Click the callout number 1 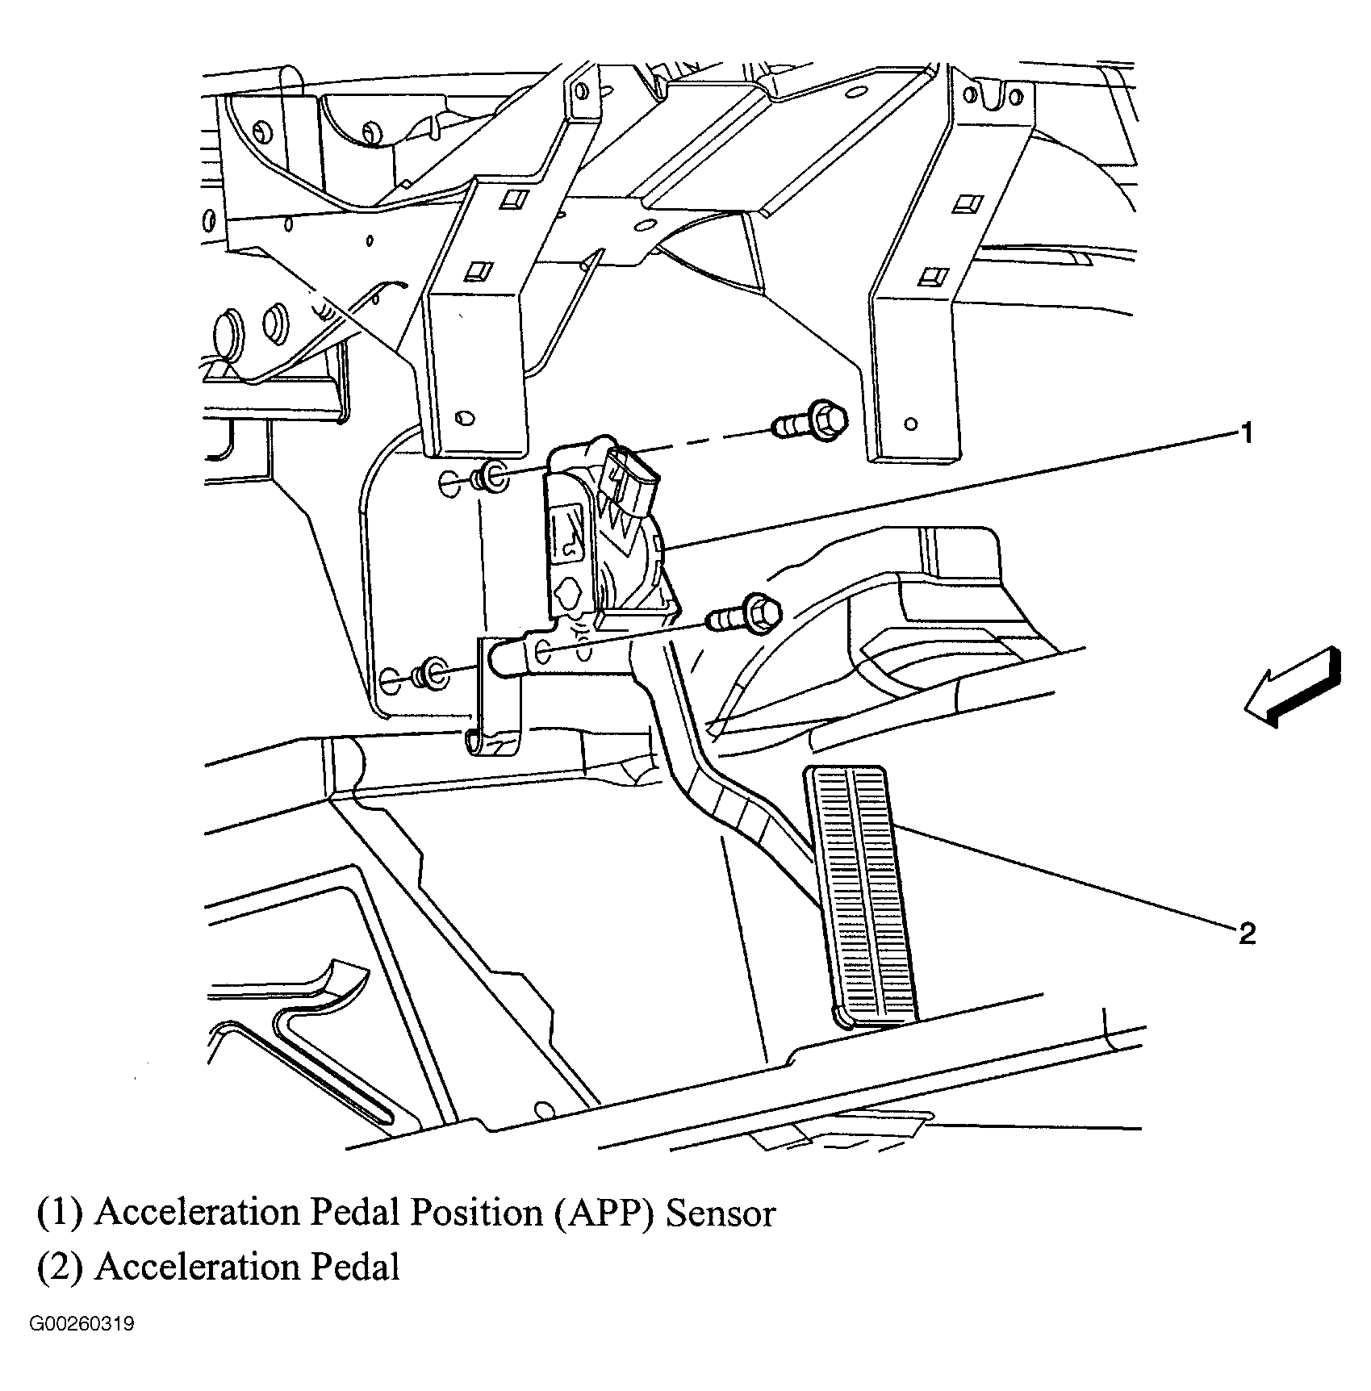1246,433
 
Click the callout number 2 1247,934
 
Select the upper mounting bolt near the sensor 810,421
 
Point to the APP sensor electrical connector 634,485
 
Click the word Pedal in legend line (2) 355,1268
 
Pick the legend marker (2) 60,1268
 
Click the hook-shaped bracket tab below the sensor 492,738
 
